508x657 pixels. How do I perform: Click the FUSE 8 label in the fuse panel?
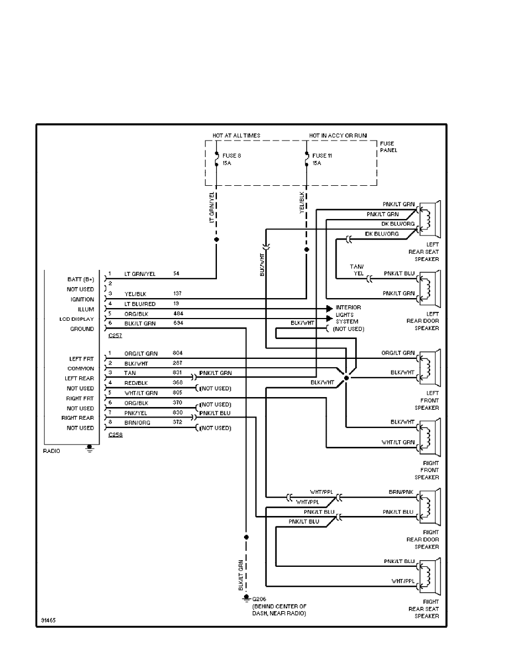pos(231,155)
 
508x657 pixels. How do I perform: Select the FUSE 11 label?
pos(322,155)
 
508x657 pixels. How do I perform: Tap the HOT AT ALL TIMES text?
pos(236,135)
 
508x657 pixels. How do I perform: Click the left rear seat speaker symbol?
pos(429,218)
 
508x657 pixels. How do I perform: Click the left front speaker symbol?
pos(429,367)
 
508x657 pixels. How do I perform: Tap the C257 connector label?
pos(116,336)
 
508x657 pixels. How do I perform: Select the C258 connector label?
pos(116,435)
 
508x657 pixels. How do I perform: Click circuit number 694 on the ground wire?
pos(178,323)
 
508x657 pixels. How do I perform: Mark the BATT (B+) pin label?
pos(80,279)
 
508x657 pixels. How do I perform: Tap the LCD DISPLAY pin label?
pos(77,319)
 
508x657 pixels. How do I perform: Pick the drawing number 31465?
pos(48,620)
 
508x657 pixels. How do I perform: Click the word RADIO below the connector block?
pos(51,451)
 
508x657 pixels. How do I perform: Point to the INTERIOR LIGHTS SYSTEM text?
pos(348,314)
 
